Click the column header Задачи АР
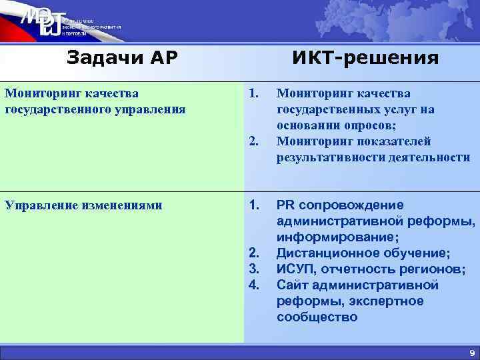pyautogui.click(x=122, y=58)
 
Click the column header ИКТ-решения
pyautogui.click(x=365, y=58)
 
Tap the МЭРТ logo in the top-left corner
pyautogui.click(x=42, y=25)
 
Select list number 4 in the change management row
pyautogui.click(x=253, y=285)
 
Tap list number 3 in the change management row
pyautogui.click(x=253, y=269)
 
